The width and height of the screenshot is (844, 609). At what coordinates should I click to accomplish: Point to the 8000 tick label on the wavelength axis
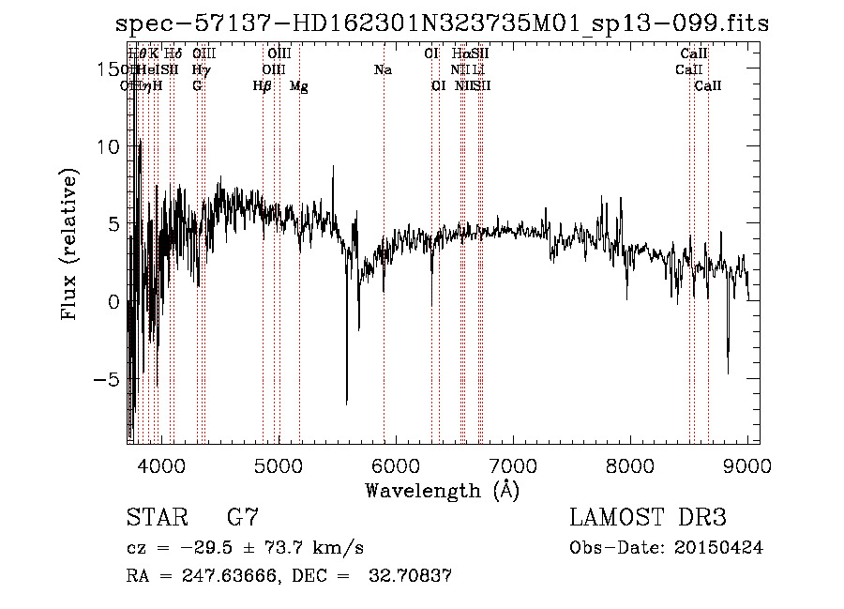coord(630,465)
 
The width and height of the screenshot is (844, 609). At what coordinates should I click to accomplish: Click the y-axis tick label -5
coord(106,379)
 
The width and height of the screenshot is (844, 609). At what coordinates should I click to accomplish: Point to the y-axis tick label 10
coord(105,146)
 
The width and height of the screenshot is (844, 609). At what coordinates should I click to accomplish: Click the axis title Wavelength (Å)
coord(442,490)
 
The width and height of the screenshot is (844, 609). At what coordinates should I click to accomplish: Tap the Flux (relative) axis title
coord(69,244)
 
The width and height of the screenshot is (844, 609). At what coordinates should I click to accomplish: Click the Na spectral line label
coord(383,70)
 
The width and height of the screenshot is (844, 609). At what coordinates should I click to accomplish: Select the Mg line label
coord(299,86)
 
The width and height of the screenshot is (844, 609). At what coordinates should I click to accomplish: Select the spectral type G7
coord(242,518)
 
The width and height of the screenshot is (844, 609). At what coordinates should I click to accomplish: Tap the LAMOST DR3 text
coord(648,518)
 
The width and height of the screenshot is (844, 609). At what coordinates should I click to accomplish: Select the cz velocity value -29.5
coord(199,548)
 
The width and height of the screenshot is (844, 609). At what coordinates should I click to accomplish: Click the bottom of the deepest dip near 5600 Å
coord(347,403)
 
